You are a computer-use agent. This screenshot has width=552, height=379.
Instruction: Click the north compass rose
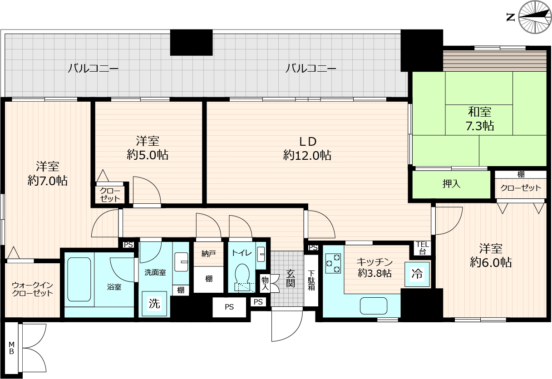[535, 17]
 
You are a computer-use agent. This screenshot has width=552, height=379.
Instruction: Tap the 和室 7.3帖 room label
[479, 118]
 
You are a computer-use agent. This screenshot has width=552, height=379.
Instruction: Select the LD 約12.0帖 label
[307, 148]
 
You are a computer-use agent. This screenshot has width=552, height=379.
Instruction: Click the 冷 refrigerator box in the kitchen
[417, 274]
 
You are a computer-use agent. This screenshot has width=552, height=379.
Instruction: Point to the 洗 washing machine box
[154, 304]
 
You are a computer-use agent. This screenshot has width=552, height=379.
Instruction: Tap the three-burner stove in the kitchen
[333, 263]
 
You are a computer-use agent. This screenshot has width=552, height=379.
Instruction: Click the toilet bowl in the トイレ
[243, 276]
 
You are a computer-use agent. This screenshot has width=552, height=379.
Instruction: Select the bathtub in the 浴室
[79, 280]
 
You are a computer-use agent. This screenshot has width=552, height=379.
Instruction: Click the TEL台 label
[423, 248]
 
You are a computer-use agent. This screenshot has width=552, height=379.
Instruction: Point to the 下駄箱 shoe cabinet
[311, 280]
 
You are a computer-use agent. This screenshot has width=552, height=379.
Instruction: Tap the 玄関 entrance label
[291, 278]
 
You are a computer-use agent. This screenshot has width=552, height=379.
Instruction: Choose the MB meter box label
[11, 348]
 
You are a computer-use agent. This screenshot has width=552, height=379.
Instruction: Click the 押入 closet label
[451, 184]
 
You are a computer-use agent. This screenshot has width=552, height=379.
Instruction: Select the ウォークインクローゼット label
[33, 289]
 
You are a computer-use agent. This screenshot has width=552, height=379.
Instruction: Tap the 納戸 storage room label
[209, 254]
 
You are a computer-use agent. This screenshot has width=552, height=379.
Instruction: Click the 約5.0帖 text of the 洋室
[148, 155]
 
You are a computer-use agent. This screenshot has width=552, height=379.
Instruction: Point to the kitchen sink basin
[374, 306]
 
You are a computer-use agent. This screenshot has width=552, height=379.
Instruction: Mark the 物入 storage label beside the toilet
[265, 284]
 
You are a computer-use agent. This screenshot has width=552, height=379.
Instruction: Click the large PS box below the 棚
[229, 307]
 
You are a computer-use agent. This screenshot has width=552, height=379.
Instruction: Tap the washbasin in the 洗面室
[182, 262]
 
